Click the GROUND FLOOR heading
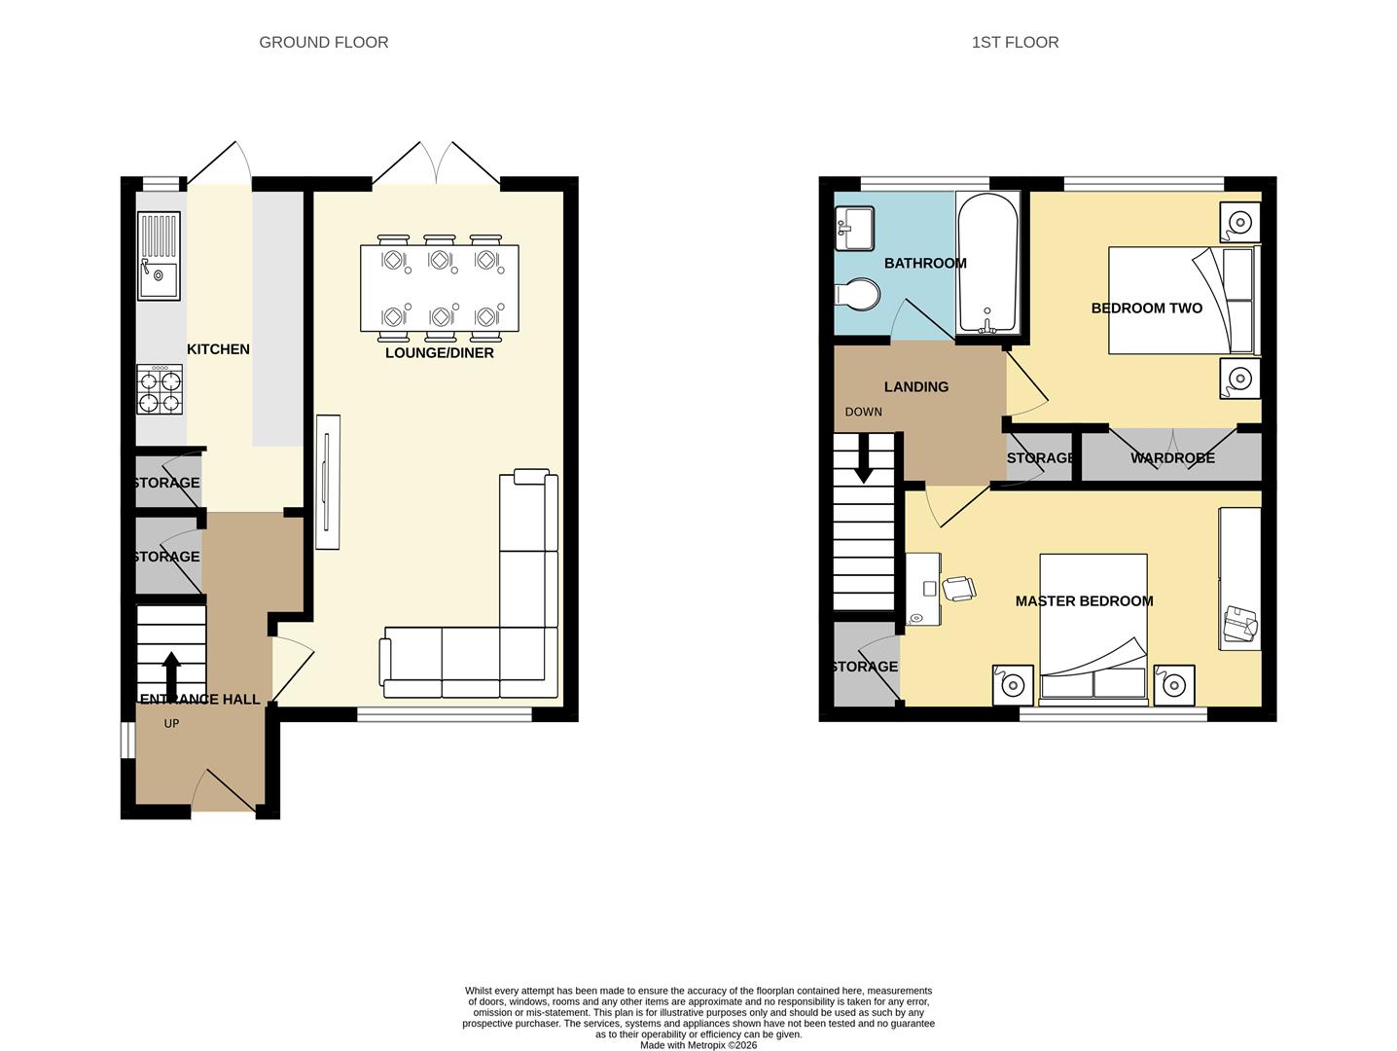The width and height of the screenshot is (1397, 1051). (x=323, y=42)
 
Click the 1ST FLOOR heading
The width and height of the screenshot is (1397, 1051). (x=1015, y=42)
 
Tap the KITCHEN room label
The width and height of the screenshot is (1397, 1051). (x=218, y=349)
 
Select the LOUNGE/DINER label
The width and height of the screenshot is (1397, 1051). (x=440, y=353)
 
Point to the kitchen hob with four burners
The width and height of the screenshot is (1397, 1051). (x=160, y=389)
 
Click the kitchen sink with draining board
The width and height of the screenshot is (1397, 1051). (x=160, y=256)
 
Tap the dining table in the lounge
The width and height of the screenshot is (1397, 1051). (x=439, y=288)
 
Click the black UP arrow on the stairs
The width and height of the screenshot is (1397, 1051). (x=170, y=671)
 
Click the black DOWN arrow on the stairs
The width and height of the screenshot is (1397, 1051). (x=863, y=468)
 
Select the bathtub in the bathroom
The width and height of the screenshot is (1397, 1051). (x=987, y=262)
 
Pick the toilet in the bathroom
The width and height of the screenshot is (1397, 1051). (x=857, y=294)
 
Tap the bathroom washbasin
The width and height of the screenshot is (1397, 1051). (x=853, y=229)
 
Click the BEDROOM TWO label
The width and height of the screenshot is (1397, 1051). (x=1146, y=308)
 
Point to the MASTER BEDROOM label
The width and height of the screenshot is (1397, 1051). (x=1084, y=601)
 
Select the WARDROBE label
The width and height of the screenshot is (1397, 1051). (x=1172, y=458)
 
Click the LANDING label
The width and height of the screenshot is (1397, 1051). (x=915, y=387)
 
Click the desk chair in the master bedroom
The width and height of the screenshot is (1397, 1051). (x=958, y=589)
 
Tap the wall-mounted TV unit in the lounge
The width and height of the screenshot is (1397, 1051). (x=328, y=482)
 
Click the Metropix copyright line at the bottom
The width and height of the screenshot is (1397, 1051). (x=698, y=1045)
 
